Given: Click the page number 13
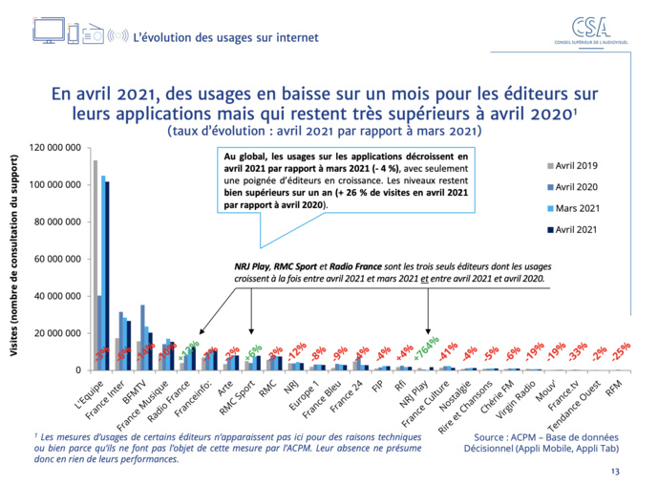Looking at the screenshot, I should tap(614, 472).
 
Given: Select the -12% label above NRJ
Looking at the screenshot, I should tap(297, 349).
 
